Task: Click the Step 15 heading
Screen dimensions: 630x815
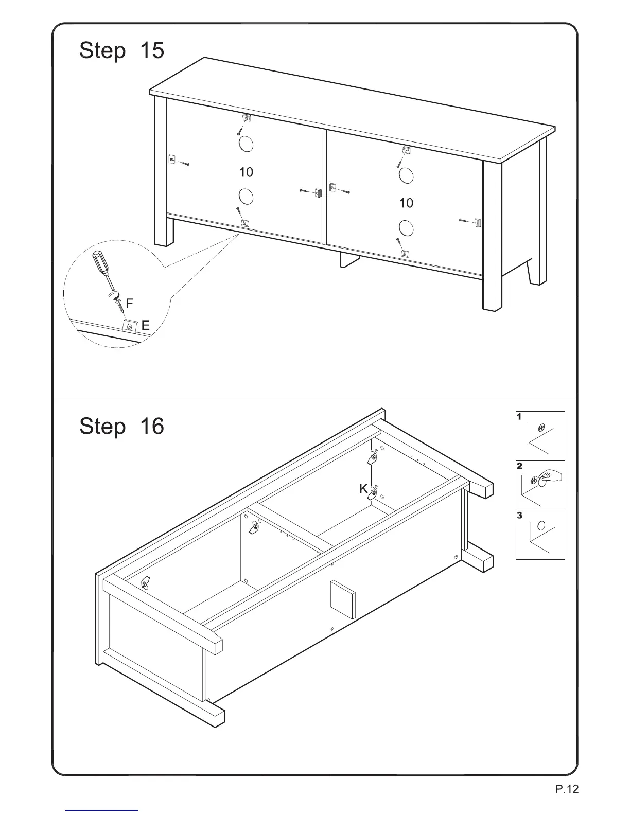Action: [x=121, y=51]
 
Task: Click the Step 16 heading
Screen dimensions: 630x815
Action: [x=121, y=427]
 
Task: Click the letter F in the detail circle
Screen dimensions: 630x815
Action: [x=130, y=304]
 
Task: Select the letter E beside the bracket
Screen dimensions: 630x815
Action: [x=145, y=326]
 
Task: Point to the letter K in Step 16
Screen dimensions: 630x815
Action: [x=363, y=489]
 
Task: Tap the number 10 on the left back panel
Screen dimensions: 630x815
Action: [x=247, y=172]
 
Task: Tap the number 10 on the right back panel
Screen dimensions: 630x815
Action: [x=406, y=203]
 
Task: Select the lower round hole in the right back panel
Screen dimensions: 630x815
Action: [x=406, y=228]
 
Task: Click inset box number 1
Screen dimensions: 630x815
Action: [x=540, y=435]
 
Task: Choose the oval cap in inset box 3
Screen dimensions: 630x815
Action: [x=541, y=526]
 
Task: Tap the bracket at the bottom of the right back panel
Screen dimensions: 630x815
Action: [x=406, y=254]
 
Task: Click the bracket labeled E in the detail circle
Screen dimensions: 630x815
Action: [x=131, y=326]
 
